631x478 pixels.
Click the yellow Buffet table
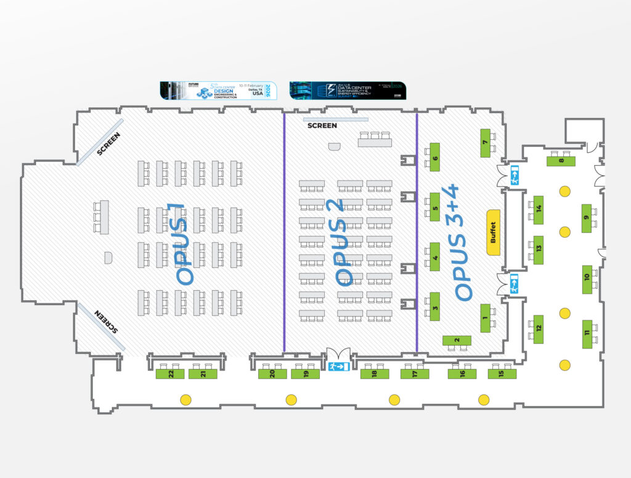coord(493,232)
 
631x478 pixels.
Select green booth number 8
coord(561,161)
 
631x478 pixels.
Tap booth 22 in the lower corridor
coord(170,374)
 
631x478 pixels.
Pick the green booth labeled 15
coord(502,374)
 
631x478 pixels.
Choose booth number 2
coord(457,341)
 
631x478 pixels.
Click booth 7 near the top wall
coord(485,143)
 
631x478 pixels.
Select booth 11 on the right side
coord(587,334)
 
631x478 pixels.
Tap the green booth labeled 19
coord(305,374)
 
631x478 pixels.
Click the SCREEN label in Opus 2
coord(322,126)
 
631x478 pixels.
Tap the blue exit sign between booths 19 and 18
coord(338,367)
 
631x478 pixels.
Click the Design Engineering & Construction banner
coord(218,90)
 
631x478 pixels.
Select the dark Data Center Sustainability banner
coord(348,90)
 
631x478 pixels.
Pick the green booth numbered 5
coord(435,208)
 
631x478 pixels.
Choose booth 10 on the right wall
coord(587,279)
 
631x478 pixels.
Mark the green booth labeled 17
coord(415,374)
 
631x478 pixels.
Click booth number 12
coord(539,328)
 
